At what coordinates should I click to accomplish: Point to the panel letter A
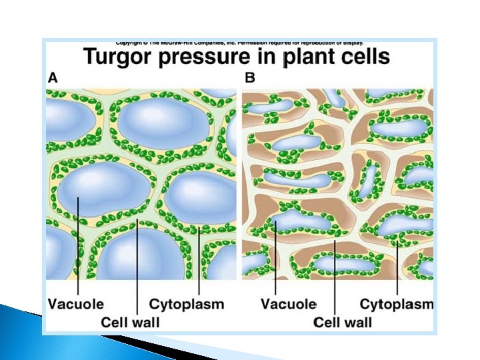click(x=52, y=77)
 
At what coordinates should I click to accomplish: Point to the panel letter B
click(x=250, y=77)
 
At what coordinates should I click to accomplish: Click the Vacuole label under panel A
click(x=75, y=305)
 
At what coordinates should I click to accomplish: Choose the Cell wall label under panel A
click(x=130, y=322)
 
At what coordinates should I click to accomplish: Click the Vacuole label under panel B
click(x=288, y=305)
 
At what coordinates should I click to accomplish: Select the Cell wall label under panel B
click(x=343, y=322)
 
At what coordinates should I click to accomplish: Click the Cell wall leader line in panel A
click(x=137, y=267)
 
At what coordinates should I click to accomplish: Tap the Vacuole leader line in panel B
click(x=275, y=260)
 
